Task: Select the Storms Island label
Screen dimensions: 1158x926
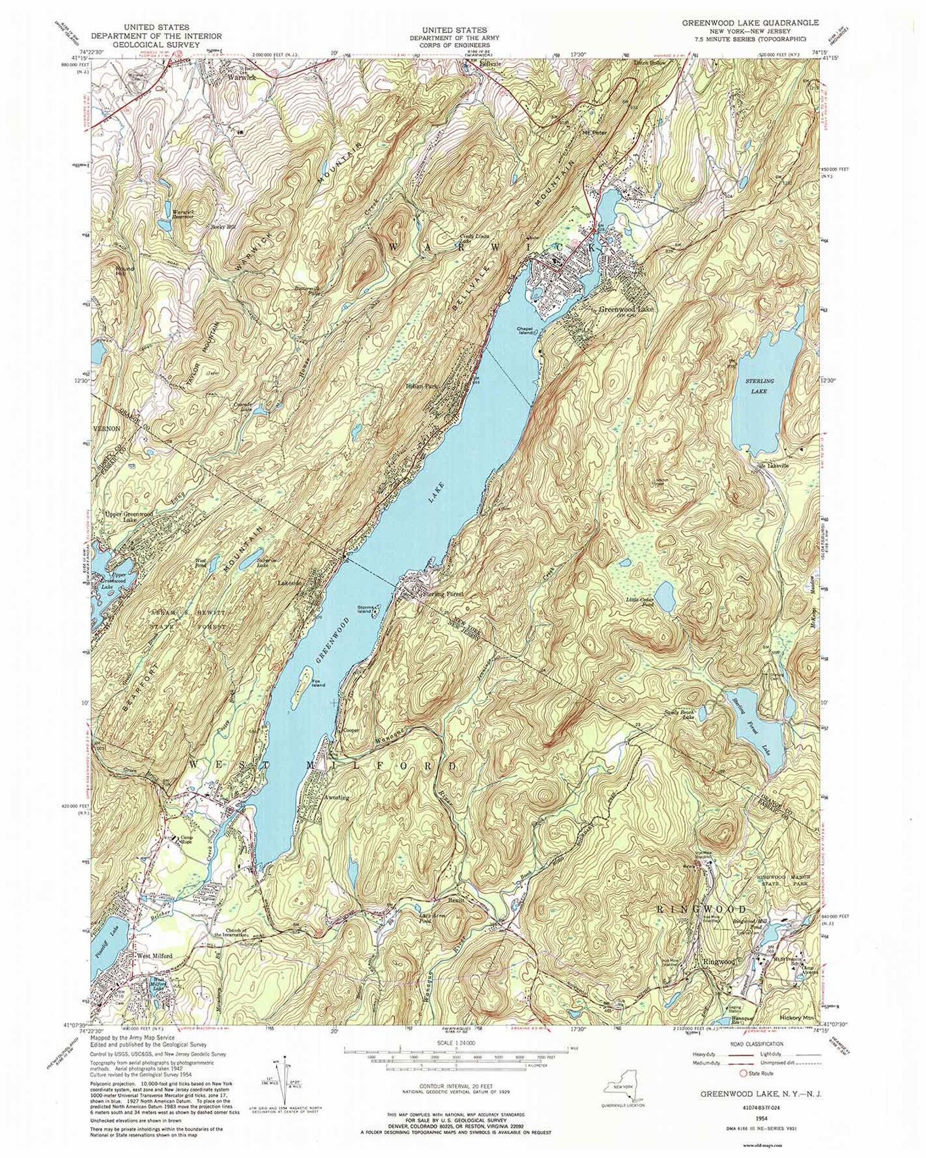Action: (x=366, y=610)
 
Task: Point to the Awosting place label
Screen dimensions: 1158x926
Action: (x=338, y=798)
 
